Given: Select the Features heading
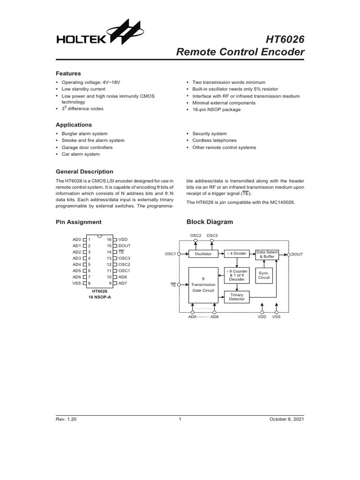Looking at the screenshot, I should pos(68,74).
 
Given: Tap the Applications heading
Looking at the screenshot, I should pos(74,125).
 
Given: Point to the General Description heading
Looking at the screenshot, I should pos(84,172).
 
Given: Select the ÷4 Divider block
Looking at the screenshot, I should pos(237,254).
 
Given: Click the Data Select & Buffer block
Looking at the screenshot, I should pos(265,255).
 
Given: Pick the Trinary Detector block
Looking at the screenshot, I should pos(237,297).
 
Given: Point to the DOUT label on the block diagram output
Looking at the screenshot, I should pos(297,254).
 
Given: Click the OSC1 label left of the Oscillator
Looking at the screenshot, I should pos(170,254).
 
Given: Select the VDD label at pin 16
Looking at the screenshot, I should pos(123,239).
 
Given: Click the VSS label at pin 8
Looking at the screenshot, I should pos(76,283).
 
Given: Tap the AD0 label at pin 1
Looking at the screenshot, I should pos(77,239).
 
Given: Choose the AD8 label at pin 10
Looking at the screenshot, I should pos(123,277).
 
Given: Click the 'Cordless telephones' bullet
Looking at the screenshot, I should pos(214,141).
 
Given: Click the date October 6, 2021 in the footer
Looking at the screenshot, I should pos(286,420).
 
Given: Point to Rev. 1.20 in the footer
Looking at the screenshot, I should pos(66,420).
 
